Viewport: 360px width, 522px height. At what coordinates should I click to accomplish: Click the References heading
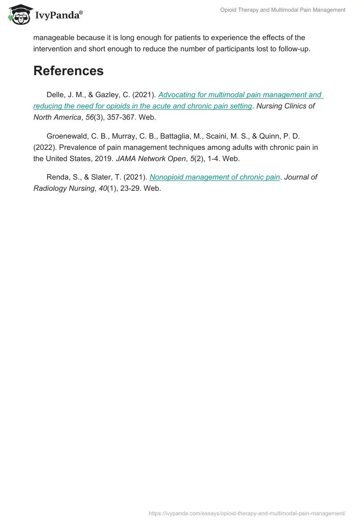tap(68, 71)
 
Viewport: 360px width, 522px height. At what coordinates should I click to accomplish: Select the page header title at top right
tap(283, 10)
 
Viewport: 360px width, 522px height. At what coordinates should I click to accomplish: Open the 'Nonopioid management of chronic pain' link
tap(215, 177)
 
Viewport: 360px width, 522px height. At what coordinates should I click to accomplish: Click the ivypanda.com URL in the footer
tap(247, 513)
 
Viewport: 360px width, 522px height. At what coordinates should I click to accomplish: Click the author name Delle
tap(56, 95)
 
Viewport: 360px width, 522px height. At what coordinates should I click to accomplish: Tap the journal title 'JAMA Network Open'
tap(151, 158)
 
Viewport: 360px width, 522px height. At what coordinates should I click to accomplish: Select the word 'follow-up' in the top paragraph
tap(293, 49)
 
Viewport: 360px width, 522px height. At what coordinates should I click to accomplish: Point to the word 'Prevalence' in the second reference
tap(76, 147)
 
